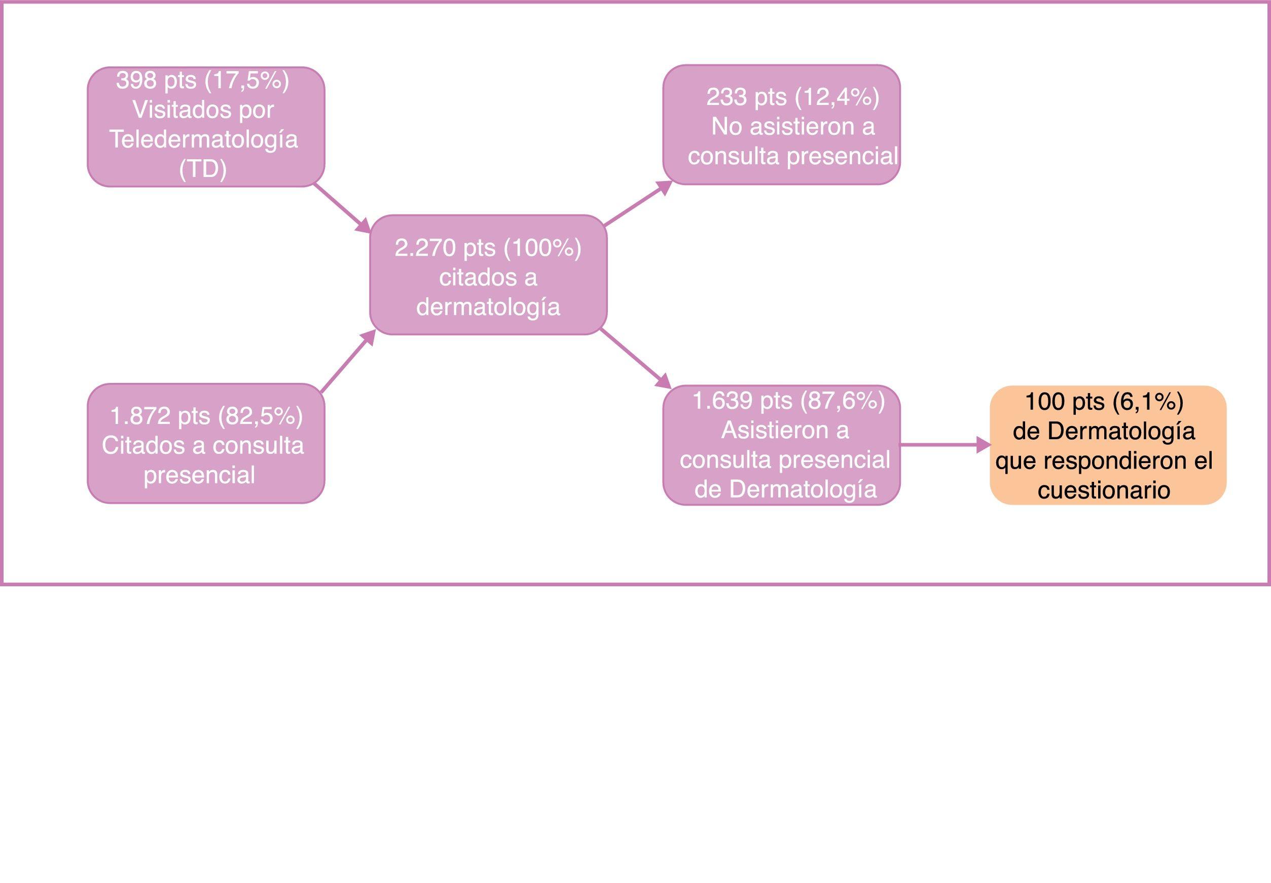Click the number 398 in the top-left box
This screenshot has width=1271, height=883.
(x=136, y=81)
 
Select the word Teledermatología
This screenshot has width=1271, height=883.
(x=203, y=139)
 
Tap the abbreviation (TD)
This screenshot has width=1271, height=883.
(x=203, y=169)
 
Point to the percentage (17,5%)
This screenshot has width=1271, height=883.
(x=247, y=81)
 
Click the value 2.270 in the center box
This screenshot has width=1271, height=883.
(x=425, y=248)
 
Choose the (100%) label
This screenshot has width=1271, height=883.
(x=542, y=248)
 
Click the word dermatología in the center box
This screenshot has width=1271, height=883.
(x=488, y=307)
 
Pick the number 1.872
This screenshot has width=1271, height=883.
(x=140, y=415)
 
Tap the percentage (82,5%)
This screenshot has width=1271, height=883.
(x=261, y=415)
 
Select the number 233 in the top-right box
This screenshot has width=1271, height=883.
(x=726, y=97)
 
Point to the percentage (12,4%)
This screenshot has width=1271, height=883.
(x=837, y=97)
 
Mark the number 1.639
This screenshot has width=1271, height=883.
(x=722, y=401)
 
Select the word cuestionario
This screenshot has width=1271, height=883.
(x=1104, y=490)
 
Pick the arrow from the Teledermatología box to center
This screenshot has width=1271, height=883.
(x=342, y=208)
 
